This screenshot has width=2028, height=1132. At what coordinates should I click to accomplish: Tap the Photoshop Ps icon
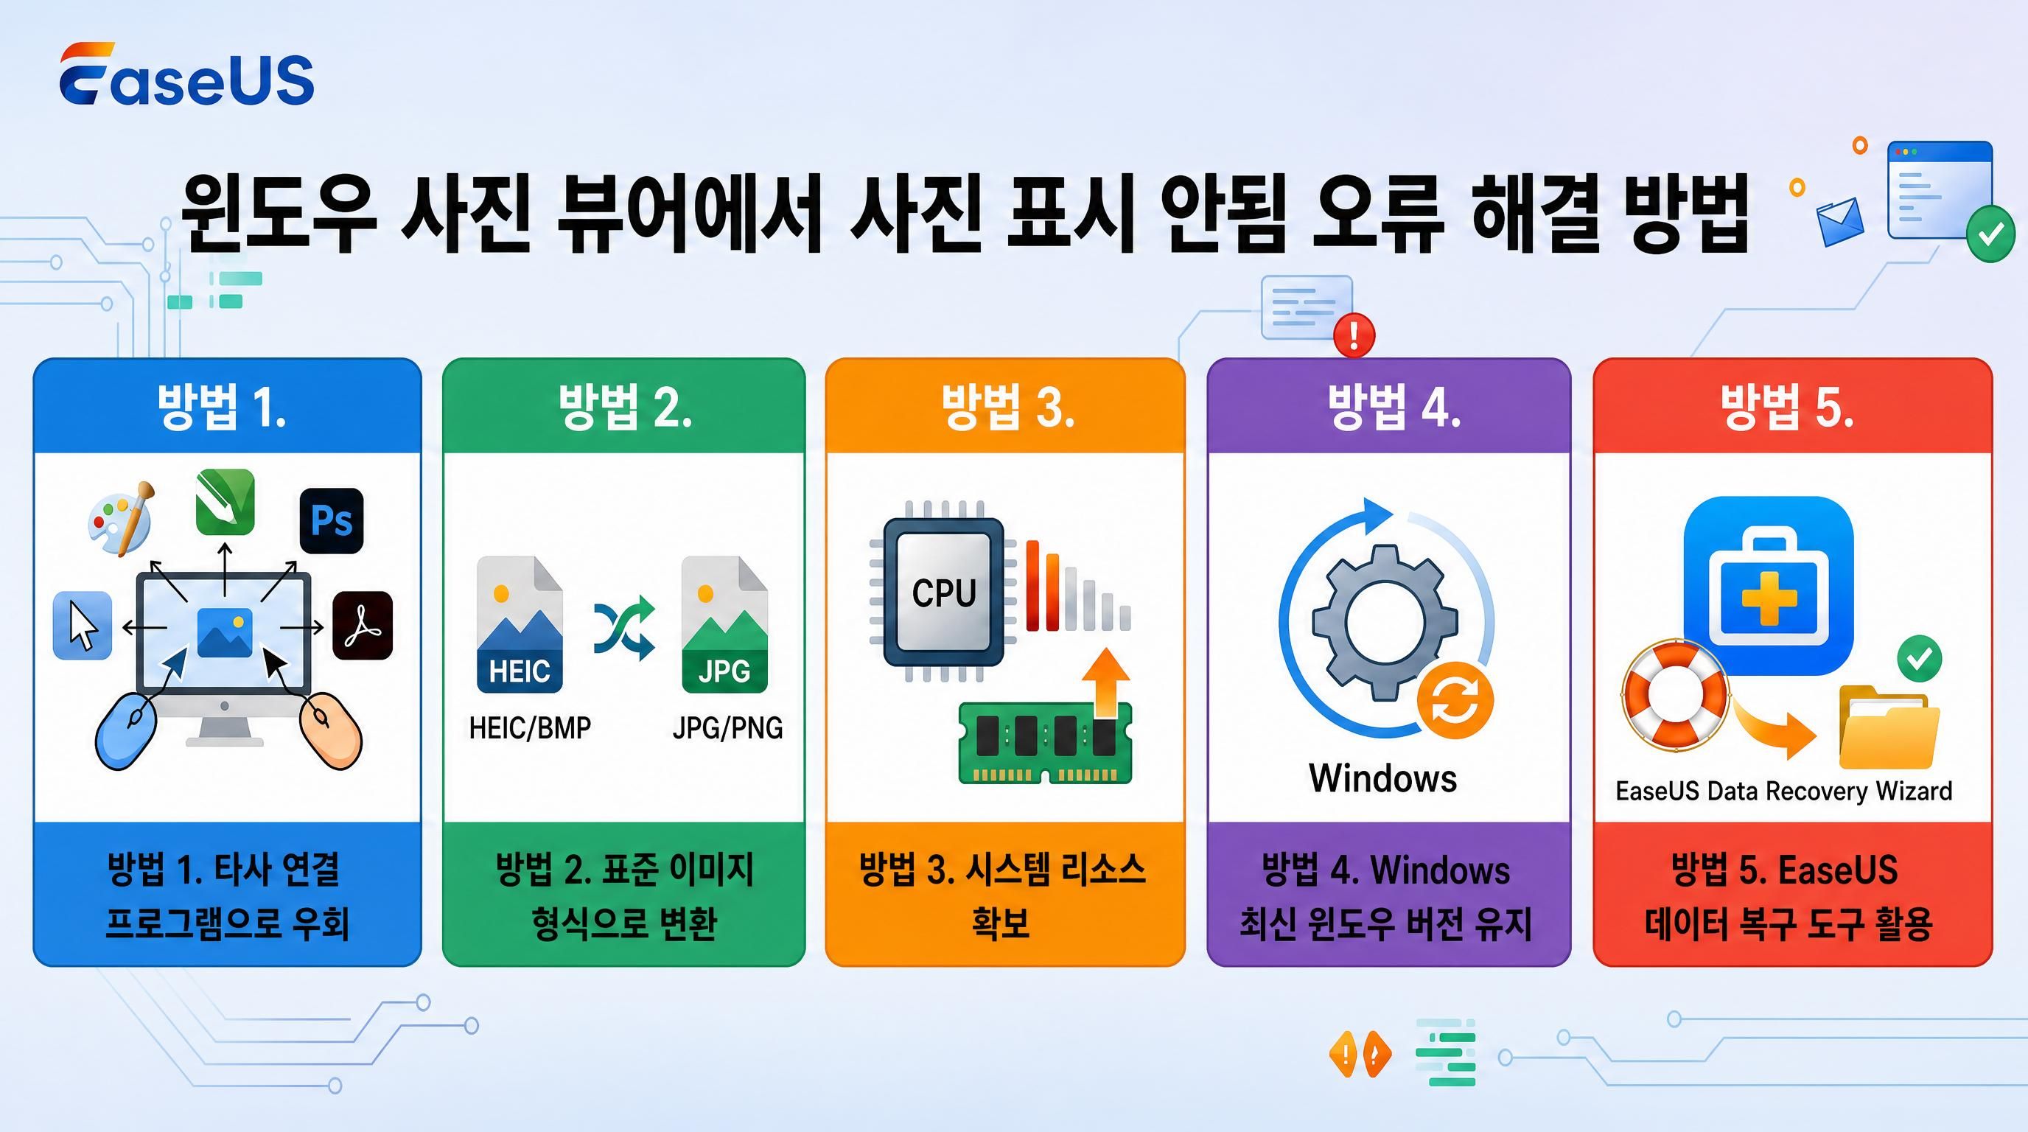pos(332,520)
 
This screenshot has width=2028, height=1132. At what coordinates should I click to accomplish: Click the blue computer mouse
pos(126,729)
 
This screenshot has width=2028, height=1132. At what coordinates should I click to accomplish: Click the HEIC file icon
pos(520,624)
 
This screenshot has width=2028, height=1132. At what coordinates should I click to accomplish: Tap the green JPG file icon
pos(724,624)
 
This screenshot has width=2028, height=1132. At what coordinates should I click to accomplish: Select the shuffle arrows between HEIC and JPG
pos(623,627)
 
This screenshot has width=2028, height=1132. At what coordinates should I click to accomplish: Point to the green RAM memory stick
pos(1046,742)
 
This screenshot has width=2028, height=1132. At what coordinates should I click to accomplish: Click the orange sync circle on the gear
pos(1455,700)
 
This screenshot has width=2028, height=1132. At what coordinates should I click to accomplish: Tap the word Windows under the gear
pos(1382,778)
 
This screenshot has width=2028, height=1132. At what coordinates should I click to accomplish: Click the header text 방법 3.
pos(1007,407)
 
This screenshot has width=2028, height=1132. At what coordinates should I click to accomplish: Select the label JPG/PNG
pos(727,728)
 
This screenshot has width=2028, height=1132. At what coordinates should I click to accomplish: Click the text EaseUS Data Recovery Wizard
pos(1784,790)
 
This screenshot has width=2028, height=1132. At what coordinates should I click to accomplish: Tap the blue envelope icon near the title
pos(1840,221)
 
